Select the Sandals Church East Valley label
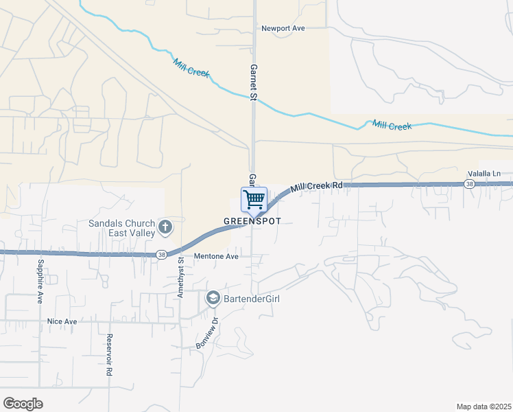tap(122, 228)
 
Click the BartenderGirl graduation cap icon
tap(213, 299)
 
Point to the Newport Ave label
tap(283, 28)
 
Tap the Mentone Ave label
tap(215, 256)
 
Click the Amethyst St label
tap(180, 271)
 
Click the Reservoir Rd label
tap(109, 355)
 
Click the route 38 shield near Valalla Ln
tap(469, 184)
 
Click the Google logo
tap(23, 404)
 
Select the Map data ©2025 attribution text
tap(484, 407)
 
